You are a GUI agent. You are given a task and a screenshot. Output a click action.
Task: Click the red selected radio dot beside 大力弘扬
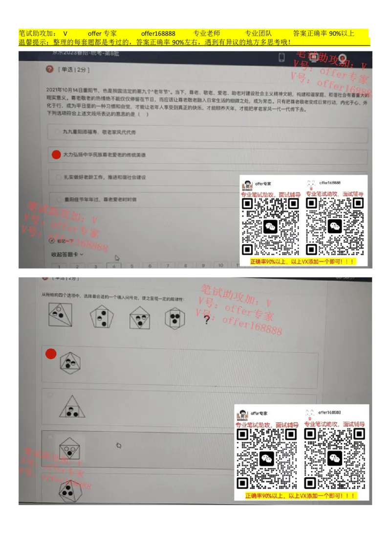(x=56, y=155)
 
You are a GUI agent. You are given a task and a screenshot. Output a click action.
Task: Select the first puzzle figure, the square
(x=61, y=315)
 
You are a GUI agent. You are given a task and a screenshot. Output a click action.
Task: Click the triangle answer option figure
(x=72, y=407)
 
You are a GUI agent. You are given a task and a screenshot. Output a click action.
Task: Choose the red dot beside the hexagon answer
(x=51, y=354)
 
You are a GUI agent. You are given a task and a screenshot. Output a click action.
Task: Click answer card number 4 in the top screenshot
(x=113, y=266)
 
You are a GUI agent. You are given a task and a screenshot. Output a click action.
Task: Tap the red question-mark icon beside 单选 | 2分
(x=49, y=69)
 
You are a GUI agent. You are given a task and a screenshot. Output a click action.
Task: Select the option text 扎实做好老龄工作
(x=104, y=177)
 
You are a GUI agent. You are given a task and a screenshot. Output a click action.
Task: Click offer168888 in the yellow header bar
(x=158, y=33)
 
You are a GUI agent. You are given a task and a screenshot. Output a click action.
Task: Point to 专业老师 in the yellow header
(x=207, y=33)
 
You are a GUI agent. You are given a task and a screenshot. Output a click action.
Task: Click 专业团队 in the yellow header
(x=258, y=33)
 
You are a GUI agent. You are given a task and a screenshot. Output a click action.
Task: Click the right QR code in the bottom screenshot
(x=335, y=459)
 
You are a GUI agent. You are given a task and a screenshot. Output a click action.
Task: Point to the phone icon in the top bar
(x=282, y=57)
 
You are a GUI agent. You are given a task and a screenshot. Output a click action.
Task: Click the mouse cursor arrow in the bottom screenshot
(x=118, y=445)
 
